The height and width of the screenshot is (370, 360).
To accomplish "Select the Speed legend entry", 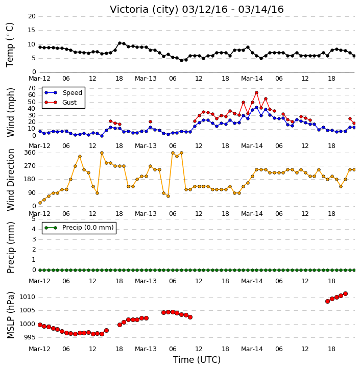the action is [63, 93].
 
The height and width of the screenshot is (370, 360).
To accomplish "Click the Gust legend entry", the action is [61, 103].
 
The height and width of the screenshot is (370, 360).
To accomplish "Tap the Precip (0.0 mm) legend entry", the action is [79, 228].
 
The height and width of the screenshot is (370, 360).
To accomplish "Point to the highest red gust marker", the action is [257, 93].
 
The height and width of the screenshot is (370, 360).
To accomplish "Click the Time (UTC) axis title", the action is [197, 360].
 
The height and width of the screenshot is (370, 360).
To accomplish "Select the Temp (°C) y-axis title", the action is [10, 45].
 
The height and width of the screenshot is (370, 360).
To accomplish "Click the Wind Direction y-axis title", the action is [11, 180].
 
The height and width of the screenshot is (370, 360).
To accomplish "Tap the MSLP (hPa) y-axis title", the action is [11, 315].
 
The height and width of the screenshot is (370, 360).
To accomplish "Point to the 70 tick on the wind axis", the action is [32, 88].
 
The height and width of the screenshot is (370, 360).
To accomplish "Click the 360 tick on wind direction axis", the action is [30, 153].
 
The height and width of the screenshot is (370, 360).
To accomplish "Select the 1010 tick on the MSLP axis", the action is [27, 297].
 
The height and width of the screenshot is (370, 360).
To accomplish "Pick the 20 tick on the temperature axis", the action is [32, 16].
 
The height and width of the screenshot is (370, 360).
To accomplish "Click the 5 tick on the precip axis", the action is [34, 219].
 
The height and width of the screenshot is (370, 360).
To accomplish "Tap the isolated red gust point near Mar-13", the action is [150, 122].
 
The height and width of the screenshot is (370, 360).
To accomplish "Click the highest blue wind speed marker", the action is [257, 107].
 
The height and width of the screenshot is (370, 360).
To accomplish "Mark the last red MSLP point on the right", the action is [345, 294].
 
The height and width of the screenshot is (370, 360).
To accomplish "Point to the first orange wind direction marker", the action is [40, 203].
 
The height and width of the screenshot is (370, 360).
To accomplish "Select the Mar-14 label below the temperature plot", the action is [252, 79].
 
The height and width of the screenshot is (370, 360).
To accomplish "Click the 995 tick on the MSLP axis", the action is [30, 337].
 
